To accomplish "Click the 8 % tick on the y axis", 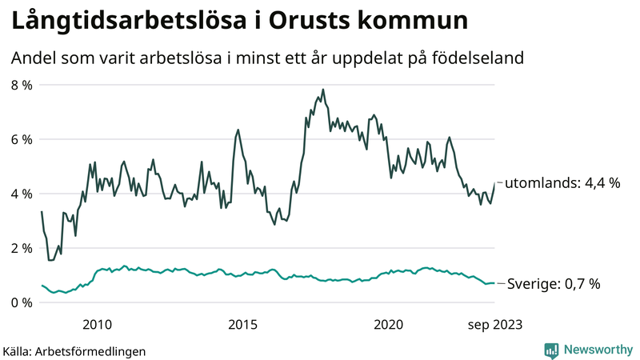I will pyautogui.click(x=21, y=85).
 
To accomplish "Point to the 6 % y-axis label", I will pyautogui.click(x=21, y=139).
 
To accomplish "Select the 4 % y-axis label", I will pyautogui.click(x=21, y=194).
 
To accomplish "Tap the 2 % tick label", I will pyautogui.click(x=21, y=248).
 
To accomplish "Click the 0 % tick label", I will pyautogui.click(x=21, y=302).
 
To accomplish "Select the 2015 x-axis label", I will pyautogui.click(x=242, y=324).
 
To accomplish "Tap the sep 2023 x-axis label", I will pyautogui.click(x=494, y=324).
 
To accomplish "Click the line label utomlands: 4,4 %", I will pyautogui.click(x=563, y=183).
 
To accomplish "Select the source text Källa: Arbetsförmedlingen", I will pyautogui.click(x=74, y=350).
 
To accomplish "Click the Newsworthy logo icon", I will pyautogui.click(x=551, y=350).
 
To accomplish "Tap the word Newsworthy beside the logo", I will pyautogui.click(x=597, y=350).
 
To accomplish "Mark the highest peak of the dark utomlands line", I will pyautogui.click(x=323, y=90).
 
